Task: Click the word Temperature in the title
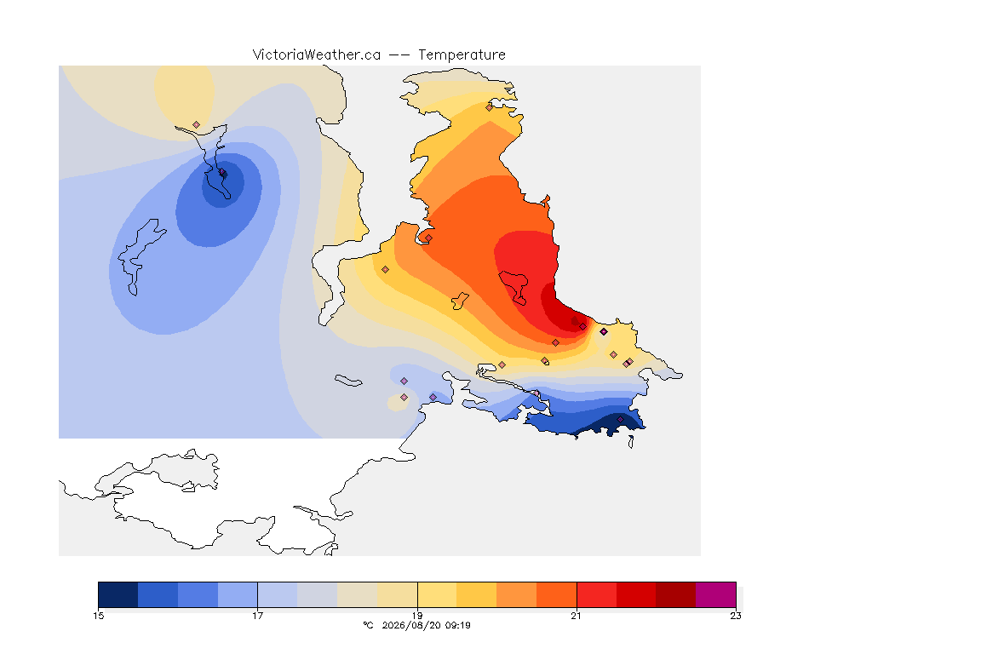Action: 462,55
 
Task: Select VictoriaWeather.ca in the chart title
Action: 317,55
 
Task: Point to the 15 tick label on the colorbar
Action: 99,616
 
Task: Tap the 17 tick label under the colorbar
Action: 258,616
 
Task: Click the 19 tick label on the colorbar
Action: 417,616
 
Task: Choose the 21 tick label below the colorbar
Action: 577,616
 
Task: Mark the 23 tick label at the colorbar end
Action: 736,616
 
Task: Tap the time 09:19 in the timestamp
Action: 458,625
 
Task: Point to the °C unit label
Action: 369,625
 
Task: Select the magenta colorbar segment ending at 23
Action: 715,594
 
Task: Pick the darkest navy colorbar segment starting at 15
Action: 118,594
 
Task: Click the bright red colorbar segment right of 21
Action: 596,594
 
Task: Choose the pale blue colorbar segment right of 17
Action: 278,594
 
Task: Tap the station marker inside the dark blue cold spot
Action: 222,172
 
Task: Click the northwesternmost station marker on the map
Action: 197,125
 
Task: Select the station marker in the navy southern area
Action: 620,419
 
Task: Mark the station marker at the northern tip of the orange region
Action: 490,107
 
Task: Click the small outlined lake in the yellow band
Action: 460,301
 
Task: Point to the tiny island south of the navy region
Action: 631,443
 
